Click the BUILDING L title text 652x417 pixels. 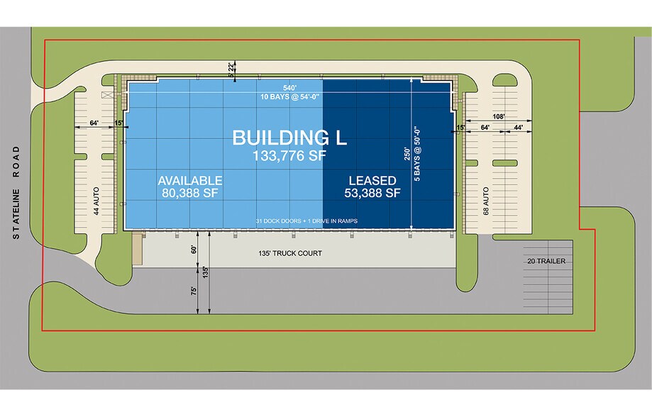(x=289, y=138)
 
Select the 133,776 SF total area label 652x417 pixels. (x=289, y=156)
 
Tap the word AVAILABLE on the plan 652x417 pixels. (x=190, y=181)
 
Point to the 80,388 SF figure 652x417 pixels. (x=190, y=193)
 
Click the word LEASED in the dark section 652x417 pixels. (x=372, y=181)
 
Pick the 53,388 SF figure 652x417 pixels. (x=372, y=193)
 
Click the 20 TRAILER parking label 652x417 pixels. (x=546, y=261)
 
